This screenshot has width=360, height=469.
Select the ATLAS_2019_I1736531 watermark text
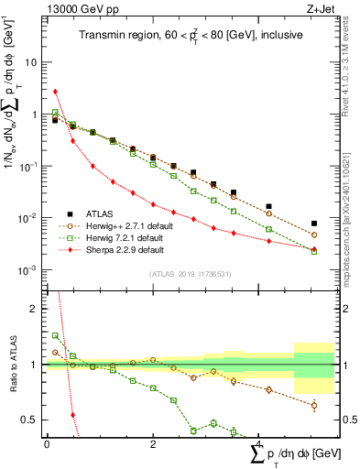[191, 274]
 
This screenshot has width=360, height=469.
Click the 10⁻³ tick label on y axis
[30, 270]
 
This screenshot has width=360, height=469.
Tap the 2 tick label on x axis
[153, 443]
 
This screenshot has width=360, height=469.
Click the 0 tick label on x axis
[46, 443]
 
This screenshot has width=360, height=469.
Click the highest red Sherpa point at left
[55, 92]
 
